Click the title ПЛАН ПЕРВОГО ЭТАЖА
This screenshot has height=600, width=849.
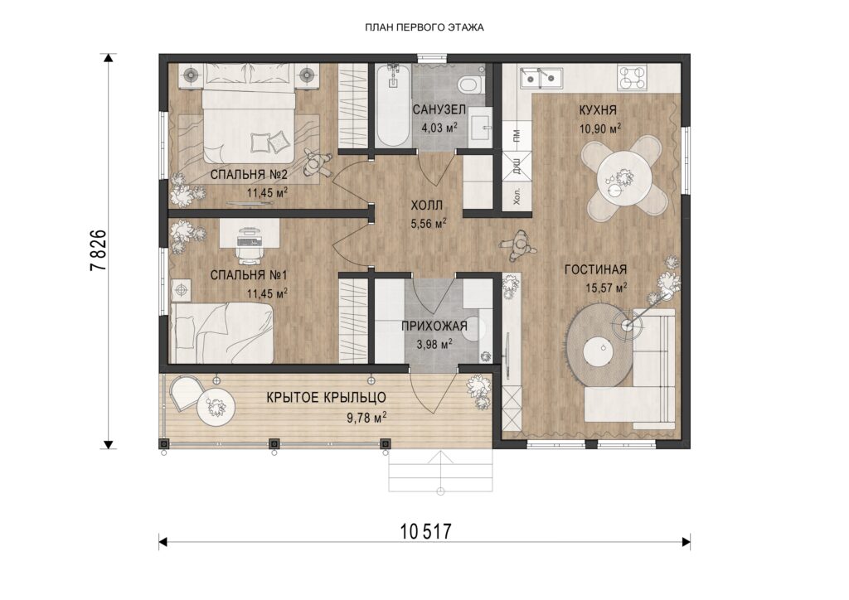pyautogui.click(x=424, y=27)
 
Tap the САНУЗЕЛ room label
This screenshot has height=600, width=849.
pyautogui.click(x=439, y=110)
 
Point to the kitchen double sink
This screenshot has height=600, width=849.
pyautogui.click(x=541, y=78)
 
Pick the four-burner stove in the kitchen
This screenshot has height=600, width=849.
pyautogui.click(x=632, y=77)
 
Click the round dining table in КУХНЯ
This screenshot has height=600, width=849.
pyautogui.click(x=623, y=177)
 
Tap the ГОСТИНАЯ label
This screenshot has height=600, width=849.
pyautogui.click(x=595, y=269)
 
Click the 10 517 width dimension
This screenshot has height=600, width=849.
pyautogui.click(x=425, y=531)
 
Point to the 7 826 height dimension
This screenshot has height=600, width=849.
pyautogui.click(x=99, y=250)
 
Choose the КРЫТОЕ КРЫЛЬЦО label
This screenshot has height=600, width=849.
pyautogui.click(x=327, y=398)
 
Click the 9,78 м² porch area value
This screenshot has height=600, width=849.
pyautogui.click(x=366, y=417)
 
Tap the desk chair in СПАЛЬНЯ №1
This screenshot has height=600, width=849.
pyautogui.click(x=249, y=250)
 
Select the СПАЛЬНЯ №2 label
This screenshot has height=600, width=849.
pyautogui.click(x=249, y=175)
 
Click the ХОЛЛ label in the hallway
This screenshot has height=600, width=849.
pyautogui.click(x=427, y=206)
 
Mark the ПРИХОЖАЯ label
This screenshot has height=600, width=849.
pyautogui.click(x=434, y=326)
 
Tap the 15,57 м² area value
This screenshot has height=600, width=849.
pyautogui.click(x=606, y=288)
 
